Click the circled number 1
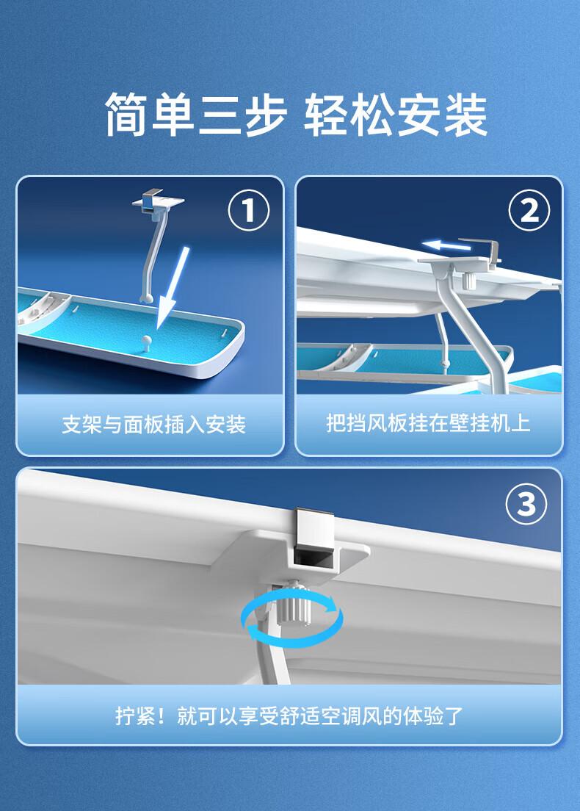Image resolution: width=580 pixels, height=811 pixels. point(249,211)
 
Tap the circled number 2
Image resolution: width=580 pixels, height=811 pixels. point(529,211)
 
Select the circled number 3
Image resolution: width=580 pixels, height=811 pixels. point(526,504)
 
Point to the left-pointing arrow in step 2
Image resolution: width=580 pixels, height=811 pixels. point(446,245)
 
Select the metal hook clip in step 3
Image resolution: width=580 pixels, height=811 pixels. point(313,536)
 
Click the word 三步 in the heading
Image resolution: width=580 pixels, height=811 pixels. point(242,115)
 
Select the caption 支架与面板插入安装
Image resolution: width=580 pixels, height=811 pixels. point(153,425)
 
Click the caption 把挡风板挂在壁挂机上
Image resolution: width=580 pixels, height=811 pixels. point(428,423)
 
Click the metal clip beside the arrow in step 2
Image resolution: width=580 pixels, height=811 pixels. point(480,252)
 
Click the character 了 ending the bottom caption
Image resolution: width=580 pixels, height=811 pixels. point(454,716)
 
